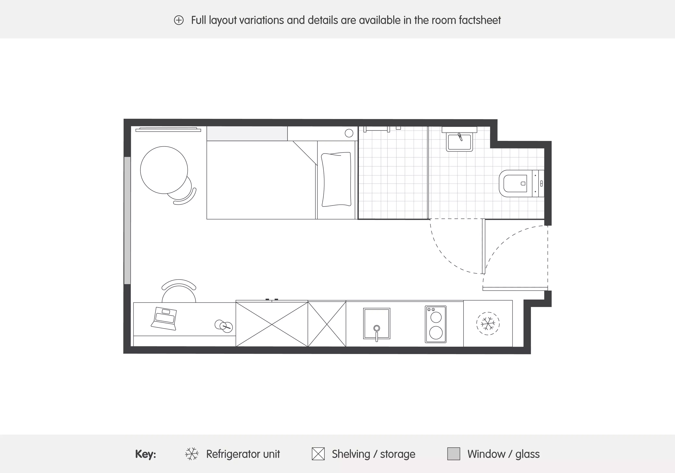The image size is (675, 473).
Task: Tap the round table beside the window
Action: tap(164, 170)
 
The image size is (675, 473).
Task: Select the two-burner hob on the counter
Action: tap(435, 324)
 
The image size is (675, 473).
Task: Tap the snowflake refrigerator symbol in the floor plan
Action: tap(488, 323)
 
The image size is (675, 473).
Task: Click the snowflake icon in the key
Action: tap(192, 454)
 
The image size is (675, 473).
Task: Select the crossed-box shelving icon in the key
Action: tap(318, 454)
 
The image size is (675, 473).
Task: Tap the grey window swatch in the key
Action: tap(453, 454)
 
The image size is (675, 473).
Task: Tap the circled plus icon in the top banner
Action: tap(179, 20)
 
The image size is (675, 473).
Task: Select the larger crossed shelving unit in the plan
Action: tap(272, 324)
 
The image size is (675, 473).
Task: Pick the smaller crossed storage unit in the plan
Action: tap(327, 324)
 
